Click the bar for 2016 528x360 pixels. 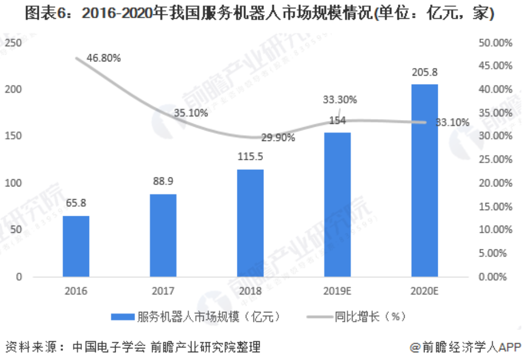coord(76,246)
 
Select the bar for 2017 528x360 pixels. coord(163,235)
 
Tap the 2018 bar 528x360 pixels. coord(250,223)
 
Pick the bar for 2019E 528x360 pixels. coord(337,205)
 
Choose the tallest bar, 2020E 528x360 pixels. coord(425,180)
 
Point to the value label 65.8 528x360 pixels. coord(76,204)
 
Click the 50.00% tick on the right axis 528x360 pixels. coord(496,43)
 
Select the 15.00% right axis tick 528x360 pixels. coord(496,206)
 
